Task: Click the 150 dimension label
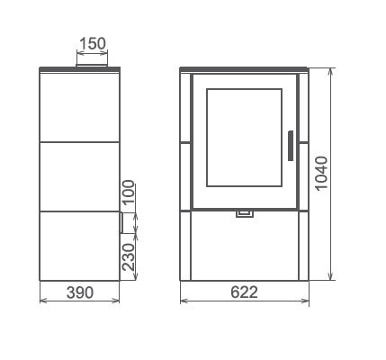(93, 43)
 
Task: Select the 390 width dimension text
(80, 292)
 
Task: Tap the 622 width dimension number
(244, 292)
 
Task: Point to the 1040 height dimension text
(322, 173)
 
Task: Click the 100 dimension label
(129, 192)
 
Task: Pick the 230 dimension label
(129, 257)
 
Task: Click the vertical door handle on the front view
(291, 146)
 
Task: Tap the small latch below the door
(245, 213)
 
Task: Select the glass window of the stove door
(244, 138)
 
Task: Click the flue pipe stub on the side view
(92, 66)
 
